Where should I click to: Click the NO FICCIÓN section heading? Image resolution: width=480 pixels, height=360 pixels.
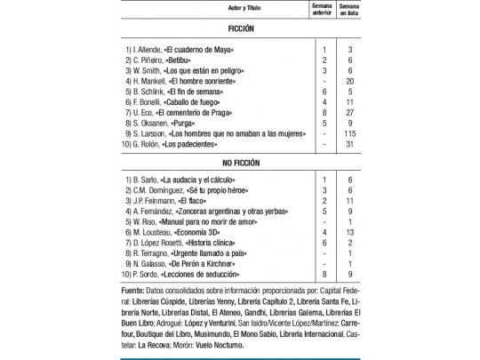[239, 164]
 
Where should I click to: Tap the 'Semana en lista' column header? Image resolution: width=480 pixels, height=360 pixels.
[353, 9]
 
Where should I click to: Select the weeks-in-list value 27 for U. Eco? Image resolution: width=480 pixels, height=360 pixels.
[353, 114]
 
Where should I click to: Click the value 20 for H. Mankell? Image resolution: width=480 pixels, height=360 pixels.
[353, 81]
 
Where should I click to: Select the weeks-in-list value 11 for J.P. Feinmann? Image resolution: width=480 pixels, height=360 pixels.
[353, 202]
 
